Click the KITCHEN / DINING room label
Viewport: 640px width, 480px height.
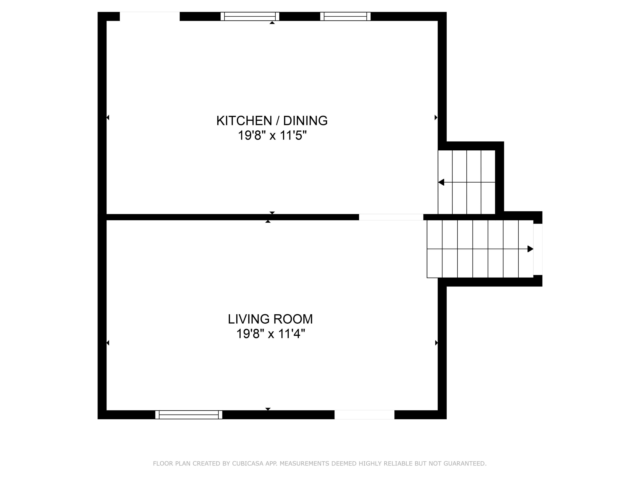click(x=272, y=121)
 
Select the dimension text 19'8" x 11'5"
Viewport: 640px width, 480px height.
click(x=272, y=135)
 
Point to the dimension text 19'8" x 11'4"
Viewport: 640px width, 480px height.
click(x=271, y=334)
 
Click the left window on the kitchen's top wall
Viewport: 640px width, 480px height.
click(x=250, y=16)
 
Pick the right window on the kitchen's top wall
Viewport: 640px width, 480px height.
click(x=345, y=16)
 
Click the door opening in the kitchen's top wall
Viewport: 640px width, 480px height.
click(x=150, y=16)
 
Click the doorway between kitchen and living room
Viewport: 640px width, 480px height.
click(x=391, y=217)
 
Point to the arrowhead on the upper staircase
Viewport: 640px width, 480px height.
click(x=441, y=182)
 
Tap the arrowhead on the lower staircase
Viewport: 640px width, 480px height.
click(x=530, y=249)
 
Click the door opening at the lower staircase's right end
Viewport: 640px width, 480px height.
click(x=538, y=249)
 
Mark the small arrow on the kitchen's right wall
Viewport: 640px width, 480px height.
click(x=436, y=118)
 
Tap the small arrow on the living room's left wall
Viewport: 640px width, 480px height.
click(x=108, y=343)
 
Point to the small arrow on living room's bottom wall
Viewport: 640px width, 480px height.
click(x=268, y=409)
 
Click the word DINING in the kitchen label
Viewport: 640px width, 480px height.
click(x=305, y=121)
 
